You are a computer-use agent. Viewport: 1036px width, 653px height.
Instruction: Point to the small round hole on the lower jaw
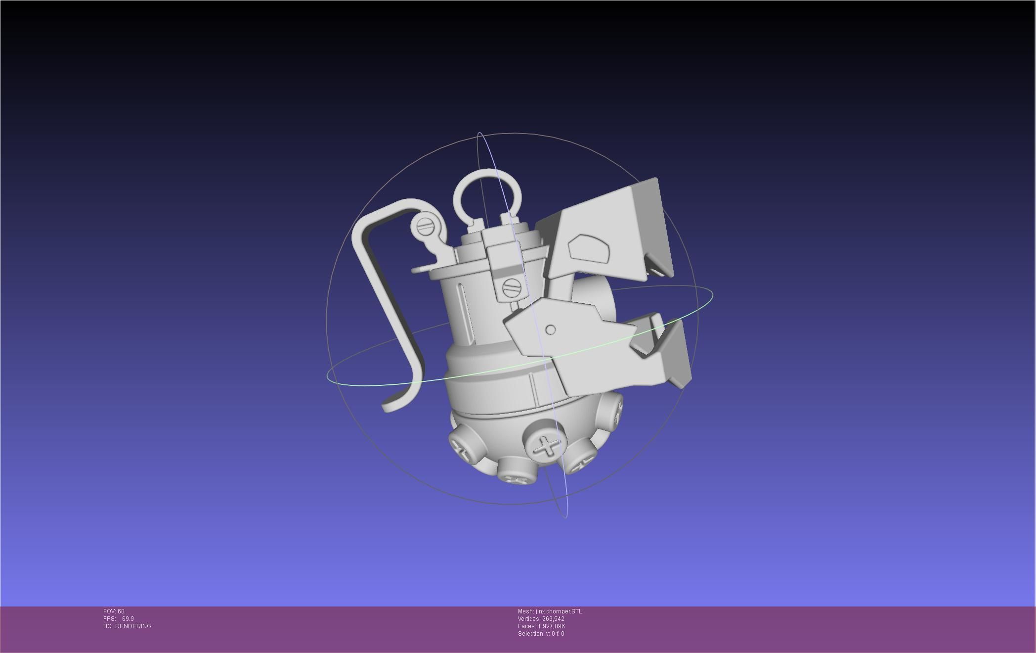(550, 329)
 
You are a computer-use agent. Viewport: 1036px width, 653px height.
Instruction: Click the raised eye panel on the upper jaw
(588, 248)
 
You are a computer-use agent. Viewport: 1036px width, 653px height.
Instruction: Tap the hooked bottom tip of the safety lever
(390, 407)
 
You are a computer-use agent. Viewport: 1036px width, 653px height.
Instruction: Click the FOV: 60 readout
(114, 611)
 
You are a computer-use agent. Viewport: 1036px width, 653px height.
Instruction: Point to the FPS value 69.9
(128, 619)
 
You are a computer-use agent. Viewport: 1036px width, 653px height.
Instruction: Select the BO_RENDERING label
(127, 626)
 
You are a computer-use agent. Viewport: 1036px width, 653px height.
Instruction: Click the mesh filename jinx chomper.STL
(559, 611)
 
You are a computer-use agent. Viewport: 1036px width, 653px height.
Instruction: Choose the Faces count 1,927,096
(551, 626)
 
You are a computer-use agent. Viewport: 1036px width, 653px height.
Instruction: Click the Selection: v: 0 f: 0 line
(541, 634)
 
